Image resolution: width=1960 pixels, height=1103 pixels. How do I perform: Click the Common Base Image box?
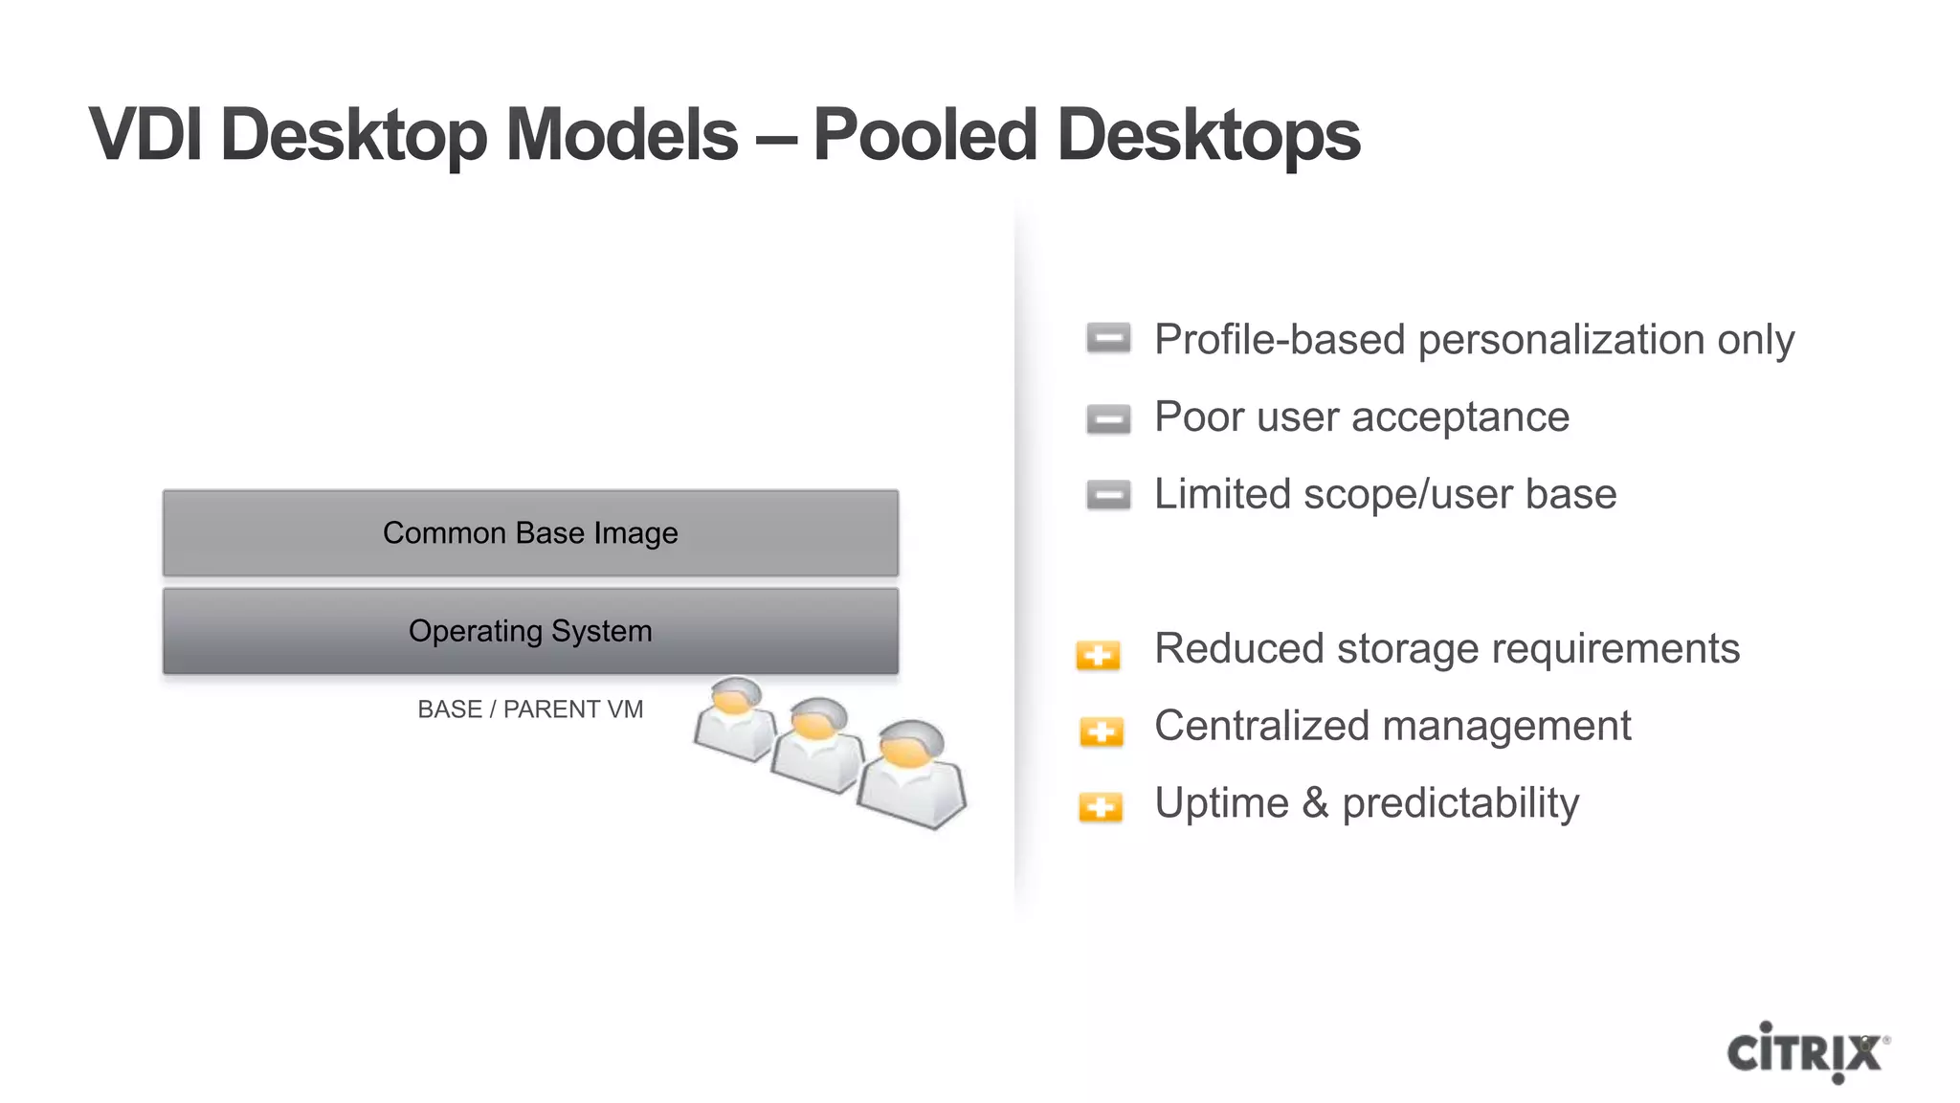click(x=530, y=533)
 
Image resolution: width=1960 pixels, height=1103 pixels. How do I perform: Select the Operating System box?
click(x=530, y=631)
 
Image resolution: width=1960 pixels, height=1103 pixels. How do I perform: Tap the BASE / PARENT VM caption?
click(x=530, y=709)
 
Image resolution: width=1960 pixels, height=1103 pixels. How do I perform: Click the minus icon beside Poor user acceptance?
click(x=1108, y=418)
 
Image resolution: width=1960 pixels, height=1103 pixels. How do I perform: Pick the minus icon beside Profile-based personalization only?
click(x=1108, y=338)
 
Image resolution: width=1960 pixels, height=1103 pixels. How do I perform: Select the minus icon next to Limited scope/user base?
click(x=1108, y=495)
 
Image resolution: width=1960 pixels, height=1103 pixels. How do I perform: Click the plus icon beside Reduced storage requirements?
click(x=1098, y=655)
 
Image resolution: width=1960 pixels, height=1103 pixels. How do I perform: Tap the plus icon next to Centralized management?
click(x=1101, y=732)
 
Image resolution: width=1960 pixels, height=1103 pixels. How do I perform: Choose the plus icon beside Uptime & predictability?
click(x=1101, y=807)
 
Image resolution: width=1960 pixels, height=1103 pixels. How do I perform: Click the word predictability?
click(x=1460, y=804)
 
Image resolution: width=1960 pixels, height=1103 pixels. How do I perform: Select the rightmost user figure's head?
click(x=910, y=744)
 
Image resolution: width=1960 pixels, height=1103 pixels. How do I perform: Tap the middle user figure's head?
click(x=818, y=719)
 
